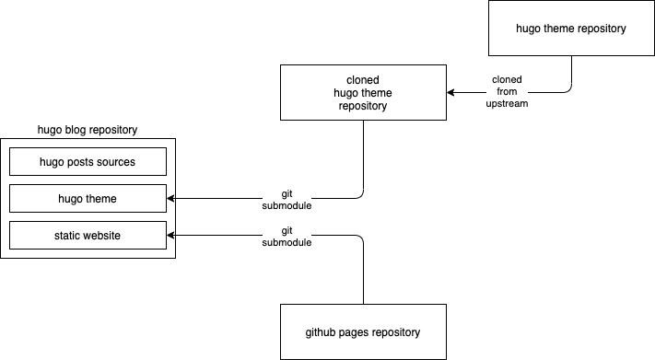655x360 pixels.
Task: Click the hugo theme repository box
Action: pyautogui.click(x=570, y=29)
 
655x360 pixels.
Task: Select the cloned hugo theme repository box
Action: pyautogui.click(x=364, y=92)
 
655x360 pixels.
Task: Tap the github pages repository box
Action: pyautogui.click(x=364, y=331)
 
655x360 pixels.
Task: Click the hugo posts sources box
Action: pyautogui.click(x=88, y=162)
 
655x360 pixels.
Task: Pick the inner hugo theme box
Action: pyautogui.click(x=88, y=199)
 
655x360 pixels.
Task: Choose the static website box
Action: pyautogui.click(x=88, y=236)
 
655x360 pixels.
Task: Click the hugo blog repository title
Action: pyautogui.click(x=88, y=130)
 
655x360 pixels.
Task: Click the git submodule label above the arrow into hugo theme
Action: pyautogui.click(x=287, y=200)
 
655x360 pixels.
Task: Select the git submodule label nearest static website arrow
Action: pyautogui.click(x=287, y=237)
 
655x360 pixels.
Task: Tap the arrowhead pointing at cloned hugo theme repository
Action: pyautogui.click(x=450, y=92)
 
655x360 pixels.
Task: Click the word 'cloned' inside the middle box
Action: pyautogui.click(x=364, y=79)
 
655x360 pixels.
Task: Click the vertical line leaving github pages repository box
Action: pyautogui.click(x=364, y=276)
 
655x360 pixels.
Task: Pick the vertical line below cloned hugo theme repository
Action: pyautogui.click(x=364, y=157)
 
